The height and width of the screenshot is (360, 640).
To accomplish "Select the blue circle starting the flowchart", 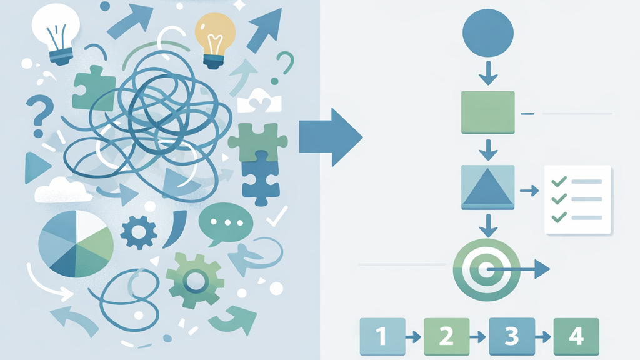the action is pyautogui.click(x=487, y=33).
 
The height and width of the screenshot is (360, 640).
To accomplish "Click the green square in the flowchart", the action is pyautogui.click(x=487, y=112).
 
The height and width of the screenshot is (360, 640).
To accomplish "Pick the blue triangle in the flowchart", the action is pyautogui.click(x=487, y=189).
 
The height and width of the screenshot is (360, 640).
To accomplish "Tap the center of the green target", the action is pyautogui.click(x=486, y=269).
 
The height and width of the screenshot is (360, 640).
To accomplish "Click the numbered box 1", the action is pyautogui.click(x=382, y=336).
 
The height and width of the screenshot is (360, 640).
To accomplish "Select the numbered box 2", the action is pyautogui.click(x=446, y=336).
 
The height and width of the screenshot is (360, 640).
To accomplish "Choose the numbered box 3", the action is pyautogui.click(x=512, y=336).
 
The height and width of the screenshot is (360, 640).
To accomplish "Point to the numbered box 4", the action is pyautogui.click(x=576, y=336).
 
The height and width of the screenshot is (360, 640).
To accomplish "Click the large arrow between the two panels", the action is pyautogui.click(x=331, y=137).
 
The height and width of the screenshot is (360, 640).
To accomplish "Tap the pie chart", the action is pyautogui.click(x=76, y=244).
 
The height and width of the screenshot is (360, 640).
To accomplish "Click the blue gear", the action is pyautogui.click(x=138, y=232).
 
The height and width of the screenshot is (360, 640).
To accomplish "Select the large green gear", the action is pyautogui.click(x=195, y=281).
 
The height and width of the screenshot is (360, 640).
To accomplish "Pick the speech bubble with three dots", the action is pyautogui.click(x=225, y=224).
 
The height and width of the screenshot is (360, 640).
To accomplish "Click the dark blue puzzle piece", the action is pyautogui.click(x=261, y=179).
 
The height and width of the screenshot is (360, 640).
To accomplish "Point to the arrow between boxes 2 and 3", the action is pyautogui.click(x=477, y=337).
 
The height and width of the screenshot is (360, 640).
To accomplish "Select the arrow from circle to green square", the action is pyautogui.click(x=488, y=73).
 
